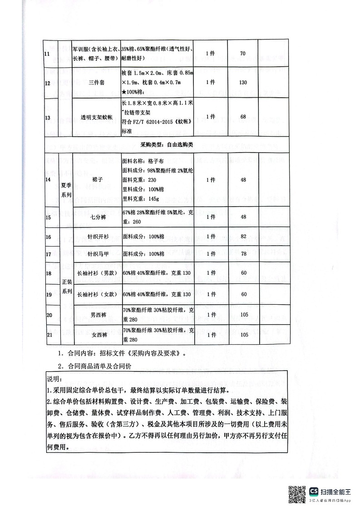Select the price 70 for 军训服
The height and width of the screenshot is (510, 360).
click(242, 54)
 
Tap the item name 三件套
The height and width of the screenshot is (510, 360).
click(97, 83)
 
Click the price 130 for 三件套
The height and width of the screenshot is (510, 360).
click(243, 83)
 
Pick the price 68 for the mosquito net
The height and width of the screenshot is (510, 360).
click(243, 117)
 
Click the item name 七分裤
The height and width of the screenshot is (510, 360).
click(97, 217)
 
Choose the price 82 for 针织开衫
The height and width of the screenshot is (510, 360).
click(243, 237)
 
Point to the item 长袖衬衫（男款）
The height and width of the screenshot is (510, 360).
click(97, 273)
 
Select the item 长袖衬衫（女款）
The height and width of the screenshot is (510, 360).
click(97, 294)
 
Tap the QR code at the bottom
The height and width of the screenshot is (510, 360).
click(297, 494)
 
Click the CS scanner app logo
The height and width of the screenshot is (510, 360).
click(314, 492)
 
